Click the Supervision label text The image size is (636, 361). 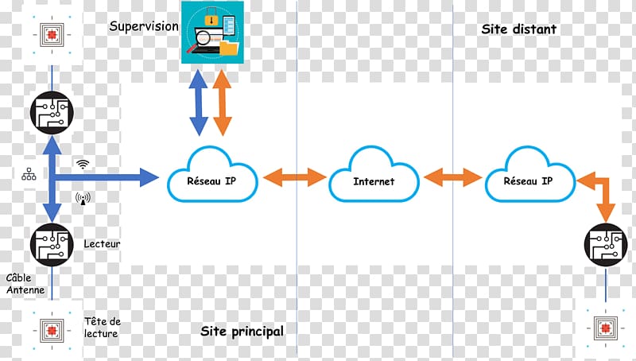click(144, 26)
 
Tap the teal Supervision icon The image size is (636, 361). click(212, 32)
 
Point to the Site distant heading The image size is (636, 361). click(519, 29)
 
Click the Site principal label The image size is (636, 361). click(242, 332)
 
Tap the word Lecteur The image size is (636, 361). click(102, 244)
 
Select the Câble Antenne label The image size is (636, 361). click(25, 284)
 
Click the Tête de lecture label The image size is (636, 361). click(103, 328)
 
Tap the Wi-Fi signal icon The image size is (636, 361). click(83, 164)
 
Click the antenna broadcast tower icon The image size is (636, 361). click(83, 199)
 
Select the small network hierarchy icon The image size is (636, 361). click(29, 174)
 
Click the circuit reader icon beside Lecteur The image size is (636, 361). click(52, 245)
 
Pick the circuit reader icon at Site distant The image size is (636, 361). click(606, 245)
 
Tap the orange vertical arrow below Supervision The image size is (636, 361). click(223, 103)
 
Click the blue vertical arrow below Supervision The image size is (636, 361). click(199, 103)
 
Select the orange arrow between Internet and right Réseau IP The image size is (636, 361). click(452, 177)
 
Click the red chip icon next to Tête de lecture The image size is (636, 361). click(52, 331)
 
